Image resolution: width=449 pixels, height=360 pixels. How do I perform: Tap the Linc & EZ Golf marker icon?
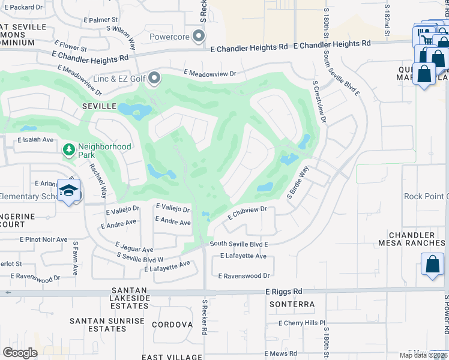point(155,78)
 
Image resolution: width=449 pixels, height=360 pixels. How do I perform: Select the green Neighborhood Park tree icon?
point(70,149)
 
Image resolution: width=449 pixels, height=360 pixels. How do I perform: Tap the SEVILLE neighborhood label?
point(99,106)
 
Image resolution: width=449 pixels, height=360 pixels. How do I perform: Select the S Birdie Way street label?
point(298,182)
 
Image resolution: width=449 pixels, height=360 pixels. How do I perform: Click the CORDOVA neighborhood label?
point(172,325)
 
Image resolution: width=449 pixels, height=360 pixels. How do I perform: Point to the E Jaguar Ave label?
point(134,249)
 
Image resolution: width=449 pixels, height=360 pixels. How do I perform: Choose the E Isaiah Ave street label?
point(35,140)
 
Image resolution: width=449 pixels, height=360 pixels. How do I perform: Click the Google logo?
point(20,352)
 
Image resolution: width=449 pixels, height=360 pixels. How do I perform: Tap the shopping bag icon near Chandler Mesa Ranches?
point(432,265)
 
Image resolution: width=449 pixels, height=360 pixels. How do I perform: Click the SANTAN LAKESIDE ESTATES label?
point(130,298)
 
